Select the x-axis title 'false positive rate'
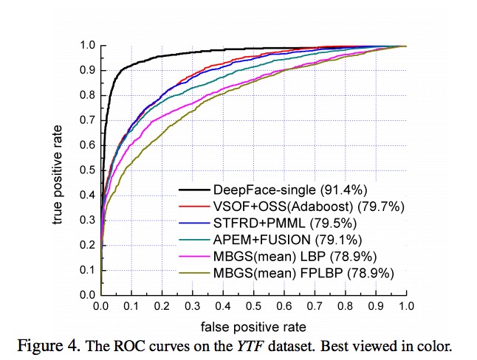252,325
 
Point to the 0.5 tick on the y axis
86,170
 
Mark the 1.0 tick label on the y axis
86,46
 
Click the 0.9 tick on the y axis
86,71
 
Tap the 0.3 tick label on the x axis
191,304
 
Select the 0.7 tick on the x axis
314,304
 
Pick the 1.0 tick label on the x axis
405,304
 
